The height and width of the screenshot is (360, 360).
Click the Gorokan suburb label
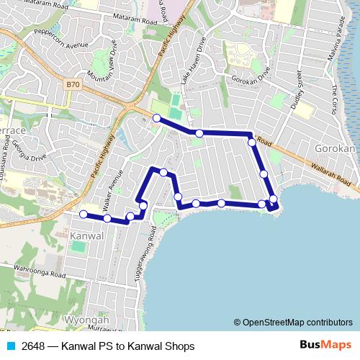pos(336,149)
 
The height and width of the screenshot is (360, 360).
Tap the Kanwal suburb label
pos(89,236)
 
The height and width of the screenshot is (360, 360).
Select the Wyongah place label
pos(86,320)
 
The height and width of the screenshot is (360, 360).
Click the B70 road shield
pos(71,84)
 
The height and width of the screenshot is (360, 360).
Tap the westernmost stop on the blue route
pos(84,214)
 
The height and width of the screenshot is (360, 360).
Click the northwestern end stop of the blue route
pos(156,117)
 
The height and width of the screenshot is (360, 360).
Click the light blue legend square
pos(10,346)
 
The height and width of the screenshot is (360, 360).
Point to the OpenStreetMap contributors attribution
pos(293,323)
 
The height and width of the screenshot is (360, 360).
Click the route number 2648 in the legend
pos(35,346)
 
